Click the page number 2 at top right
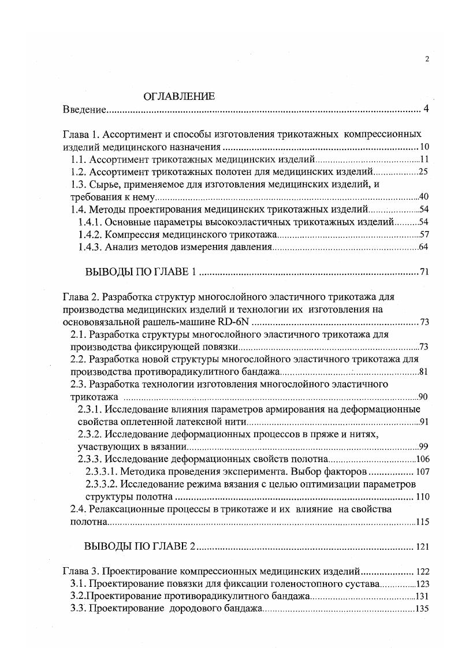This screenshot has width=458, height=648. coord(426,58)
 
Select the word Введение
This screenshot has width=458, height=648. coord(83,110)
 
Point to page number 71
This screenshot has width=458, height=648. coord(425,273)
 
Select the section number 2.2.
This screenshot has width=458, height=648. coord(79,359)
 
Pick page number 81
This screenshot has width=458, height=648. coord(423,372)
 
